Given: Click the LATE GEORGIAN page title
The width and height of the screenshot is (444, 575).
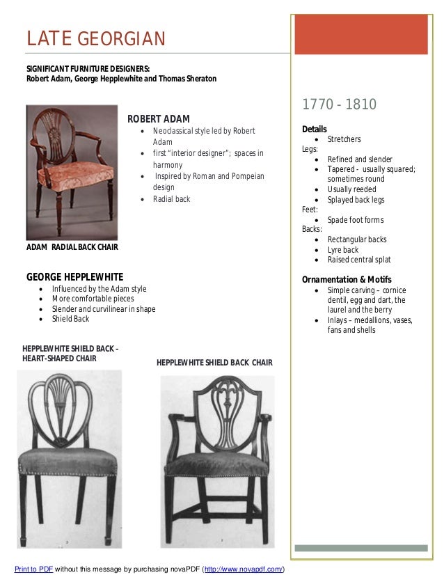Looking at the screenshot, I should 96,38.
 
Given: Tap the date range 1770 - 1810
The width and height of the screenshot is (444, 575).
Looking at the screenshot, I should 339,105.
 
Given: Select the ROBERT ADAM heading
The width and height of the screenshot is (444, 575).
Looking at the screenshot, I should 163,118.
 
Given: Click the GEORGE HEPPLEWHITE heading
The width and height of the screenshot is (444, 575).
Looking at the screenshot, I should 74,276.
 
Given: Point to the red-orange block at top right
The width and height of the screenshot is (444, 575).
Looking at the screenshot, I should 360,34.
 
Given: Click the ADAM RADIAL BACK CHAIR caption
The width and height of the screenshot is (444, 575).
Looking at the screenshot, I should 72,246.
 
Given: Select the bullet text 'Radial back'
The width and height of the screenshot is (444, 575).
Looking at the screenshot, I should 171,199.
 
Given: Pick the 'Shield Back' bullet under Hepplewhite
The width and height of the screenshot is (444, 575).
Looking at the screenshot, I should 70,319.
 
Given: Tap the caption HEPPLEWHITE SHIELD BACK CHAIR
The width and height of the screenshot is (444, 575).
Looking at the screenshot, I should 214,363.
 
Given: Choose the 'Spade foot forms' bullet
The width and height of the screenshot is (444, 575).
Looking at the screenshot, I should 355,220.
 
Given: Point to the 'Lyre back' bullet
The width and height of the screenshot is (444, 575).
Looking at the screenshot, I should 342,250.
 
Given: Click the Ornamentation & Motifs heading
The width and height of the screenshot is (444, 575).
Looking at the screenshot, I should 347,280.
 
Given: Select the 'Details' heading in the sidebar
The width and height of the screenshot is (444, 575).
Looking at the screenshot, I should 314,129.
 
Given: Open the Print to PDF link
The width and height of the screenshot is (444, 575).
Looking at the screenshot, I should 33,569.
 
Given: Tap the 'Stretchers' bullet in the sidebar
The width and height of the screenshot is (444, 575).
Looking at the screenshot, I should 344,139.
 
